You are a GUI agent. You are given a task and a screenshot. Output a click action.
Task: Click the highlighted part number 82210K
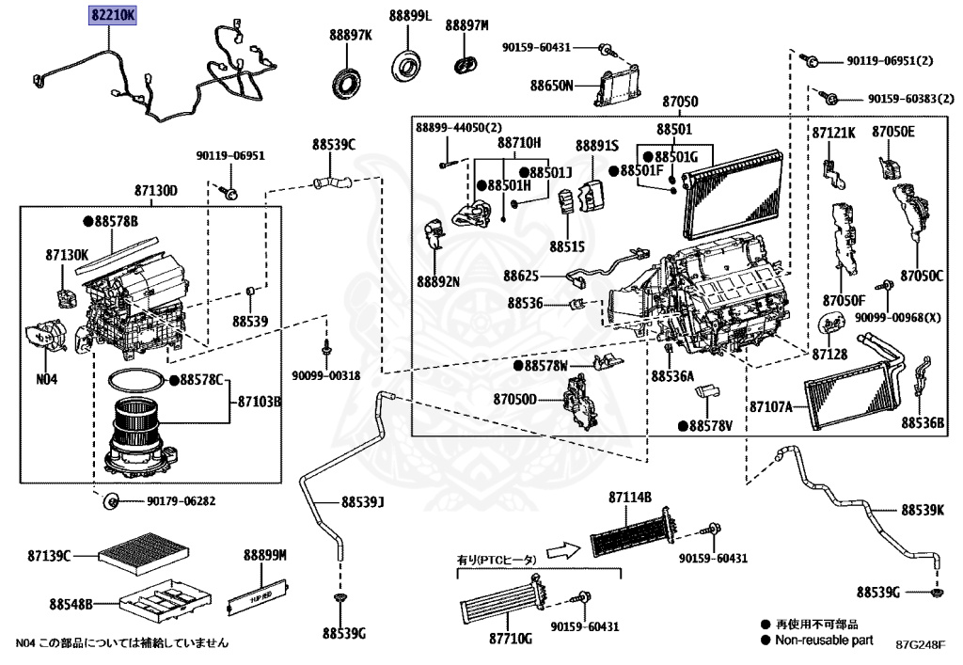point(113,16)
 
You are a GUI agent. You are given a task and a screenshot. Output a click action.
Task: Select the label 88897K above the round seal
point(351,35)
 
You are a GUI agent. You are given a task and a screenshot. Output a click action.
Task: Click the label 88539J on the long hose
point(365,502)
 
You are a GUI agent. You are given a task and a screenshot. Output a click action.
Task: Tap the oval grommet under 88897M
point(465,64)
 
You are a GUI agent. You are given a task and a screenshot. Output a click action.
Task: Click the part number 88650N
point(552,85)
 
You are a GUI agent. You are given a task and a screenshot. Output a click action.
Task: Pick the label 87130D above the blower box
point(156,191)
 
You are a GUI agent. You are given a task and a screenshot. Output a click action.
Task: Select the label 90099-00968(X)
point(897,318)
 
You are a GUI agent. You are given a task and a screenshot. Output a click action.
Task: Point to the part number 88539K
point(923,510)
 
